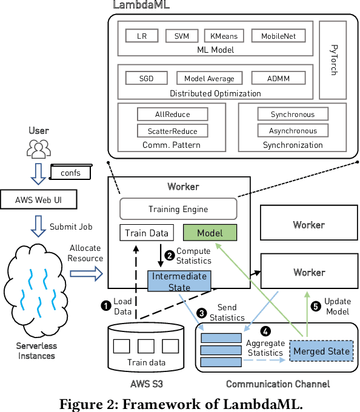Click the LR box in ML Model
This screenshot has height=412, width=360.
(142, 36)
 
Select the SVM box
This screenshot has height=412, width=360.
(181, 36)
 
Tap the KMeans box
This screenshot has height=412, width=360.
(224, 36)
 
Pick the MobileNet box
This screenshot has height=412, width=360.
(278, 36)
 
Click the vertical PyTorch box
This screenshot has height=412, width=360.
(333, 60)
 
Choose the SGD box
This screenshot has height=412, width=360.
(146, 78)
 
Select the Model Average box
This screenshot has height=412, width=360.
(209, 78)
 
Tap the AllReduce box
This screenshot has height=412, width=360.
(172, 114)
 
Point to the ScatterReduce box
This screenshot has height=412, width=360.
(172, 130)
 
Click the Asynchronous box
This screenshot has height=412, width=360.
(293, 130)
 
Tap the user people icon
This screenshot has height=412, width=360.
(39, 147)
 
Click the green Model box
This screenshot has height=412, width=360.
(210, 233)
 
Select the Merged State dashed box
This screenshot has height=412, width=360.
(321, 351)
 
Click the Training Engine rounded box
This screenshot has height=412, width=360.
(178, 210)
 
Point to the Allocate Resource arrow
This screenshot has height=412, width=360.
(87, 273)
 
